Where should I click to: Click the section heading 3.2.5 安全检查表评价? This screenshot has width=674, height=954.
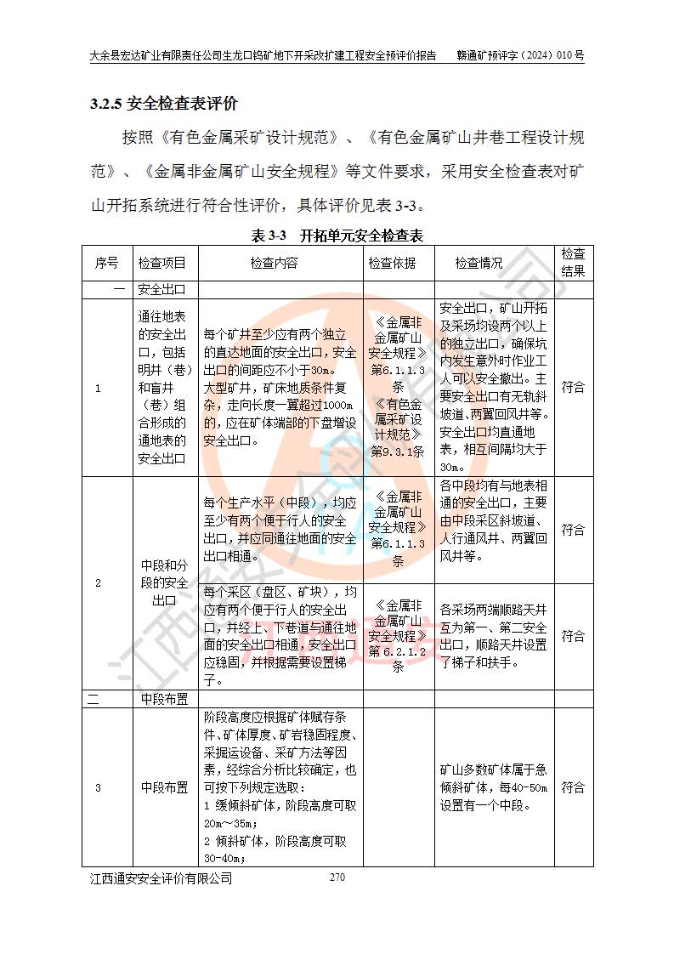click(164, 105)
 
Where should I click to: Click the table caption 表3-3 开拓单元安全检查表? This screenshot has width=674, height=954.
click(337, 235)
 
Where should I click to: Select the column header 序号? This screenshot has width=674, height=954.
click(107, 263)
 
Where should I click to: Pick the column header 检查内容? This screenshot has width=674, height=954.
click(274, 263)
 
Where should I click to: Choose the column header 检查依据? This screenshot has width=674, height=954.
click(392, 263)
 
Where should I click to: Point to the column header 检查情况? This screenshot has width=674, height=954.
click(479, 263)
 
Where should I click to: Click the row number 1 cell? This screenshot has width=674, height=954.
click(98, 388)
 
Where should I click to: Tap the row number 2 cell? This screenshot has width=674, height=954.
click(98, 583)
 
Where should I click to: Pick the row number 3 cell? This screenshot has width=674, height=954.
click(98, 787)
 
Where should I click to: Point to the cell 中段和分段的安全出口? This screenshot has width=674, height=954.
click(164, 583)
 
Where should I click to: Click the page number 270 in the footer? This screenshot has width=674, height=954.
click(337, 877)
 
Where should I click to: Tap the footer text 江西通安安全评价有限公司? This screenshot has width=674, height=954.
click(161, 879)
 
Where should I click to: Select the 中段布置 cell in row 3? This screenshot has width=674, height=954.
click(164, 787)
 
